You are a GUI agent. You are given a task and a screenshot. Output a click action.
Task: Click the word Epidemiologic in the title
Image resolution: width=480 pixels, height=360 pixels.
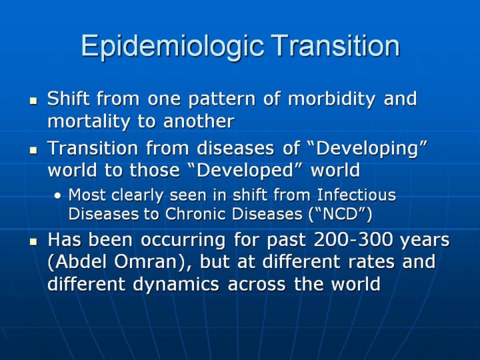coord(173,46)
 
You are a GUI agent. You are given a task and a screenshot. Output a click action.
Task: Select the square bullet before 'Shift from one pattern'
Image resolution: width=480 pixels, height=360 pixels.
coord(33,101)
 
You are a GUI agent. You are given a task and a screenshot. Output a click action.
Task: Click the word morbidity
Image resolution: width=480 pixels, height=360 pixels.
coord(331,99)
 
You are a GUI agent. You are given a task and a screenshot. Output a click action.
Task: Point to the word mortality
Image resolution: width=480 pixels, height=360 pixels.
coord(89,121)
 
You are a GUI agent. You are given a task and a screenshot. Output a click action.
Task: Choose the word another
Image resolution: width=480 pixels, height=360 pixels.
coord(199,121)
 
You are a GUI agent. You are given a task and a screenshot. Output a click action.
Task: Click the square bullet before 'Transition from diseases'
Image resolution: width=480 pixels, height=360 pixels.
coord(33,150)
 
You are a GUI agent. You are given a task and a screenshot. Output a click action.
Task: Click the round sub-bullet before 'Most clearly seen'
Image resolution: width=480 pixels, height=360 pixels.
coord(57,195)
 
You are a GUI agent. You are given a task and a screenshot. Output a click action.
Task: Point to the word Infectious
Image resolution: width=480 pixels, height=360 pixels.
coord(356,195)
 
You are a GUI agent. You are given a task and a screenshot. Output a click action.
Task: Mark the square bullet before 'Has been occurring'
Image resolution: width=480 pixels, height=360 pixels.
coord(33,242)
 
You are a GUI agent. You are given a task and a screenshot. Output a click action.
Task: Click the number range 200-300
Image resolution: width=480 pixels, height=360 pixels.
coord(353,240)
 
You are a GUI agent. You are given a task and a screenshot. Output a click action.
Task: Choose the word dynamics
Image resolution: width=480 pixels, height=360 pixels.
coord(176,285)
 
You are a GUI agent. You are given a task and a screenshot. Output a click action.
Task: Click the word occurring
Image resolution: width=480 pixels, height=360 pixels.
coord(183,241)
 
